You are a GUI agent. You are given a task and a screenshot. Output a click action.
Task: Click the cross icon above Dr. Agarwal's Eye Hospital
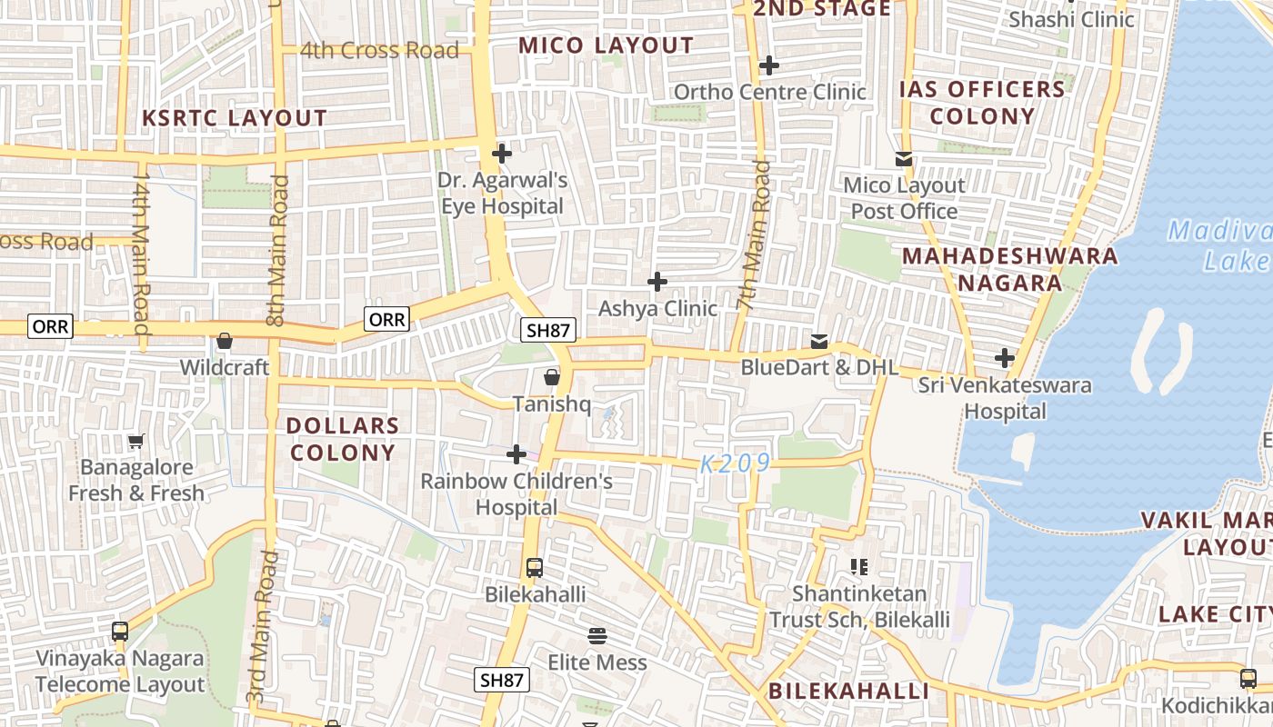point(501,153)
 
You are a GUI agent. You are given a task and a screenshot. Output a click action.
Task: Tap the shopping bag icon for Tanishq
point(552,376)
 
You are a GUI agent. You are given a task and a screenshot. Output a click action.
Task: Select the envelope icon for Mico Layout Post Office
point(904,159)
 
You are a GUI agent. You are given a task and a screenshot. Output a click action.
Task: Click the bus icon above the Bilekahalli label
point(535,568)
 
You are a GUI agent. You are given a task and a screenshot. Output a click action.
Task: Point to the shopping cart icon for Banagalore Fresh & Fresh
point(136,441)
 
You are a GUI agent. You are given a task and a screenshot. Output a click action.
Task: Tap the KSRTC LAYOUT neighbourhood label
point(235,118)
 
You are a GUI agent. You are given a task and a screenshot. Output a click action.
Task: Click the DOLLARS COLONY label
point(342,439)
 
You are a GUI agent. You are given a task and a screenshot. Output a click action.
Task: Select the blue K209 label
point(736,463)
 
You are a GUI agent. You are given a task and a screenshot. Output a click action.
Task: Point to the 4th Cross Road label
point(379,51)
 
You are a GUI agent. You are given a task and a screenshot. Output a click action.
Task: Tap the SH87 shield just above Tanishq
point(548,330)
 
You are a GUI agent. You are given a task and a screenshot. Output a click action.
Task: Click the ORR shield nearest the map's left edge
point(50,326)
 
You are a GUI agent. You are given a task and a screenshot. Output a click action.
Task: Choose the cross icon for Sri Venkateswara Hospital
point(1005,358)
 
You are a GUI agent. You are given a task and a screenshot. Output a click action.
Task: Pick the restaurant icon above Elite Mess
point(597,635)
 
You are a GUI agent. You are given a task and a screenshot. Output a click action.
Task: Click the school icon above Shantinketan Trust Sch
point(859,567)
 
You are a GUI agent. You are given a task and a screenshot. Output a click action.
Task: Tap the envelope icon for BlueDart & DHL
point(819,342)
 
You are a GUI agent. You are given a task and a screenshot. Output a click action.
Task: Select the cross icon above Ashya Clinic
point(657,282)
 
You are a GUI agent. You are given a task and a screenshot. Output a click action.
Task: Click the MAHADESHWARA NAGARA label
point(1009,269)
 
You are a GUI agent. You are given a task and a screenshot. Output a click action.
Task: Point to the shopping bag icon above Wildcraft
point(225,342)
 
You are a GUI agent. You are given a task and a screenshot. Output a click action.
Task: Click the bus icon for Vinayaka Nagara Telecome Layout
point(120,631)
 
